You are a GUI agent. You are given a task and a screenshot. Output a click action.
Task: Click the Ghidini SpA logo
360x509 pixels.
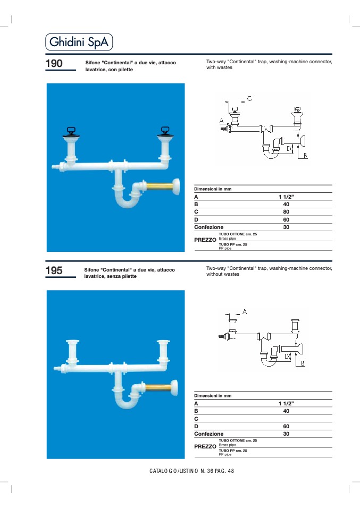point(79,42)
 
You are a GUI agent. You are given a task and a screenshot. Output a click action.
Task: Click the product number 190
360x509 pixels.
point(54,63)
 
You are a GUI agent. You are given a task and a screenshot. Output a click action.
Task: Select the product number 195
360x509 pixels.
point(54,270)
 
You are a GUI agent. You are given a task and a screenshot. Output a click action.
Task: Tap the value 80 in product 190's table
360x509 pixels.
point(286,211)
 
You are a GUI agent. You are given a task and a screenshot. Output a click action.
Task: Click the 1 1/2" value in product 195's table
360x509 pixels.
point(286,403)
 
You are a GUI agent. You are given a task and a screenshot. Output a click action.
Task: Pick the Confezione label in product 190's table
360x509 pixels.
point(208,227)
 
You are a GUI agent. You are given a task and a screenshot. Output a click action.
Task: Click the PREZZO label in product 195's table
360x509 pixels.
point(205,447)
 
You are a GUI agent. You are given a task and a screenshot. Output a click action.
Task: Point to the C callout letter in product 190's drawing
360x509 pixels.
point(249,98)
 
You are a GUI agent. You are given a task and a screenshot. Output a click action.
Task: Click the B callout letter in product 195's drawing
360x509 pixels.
point(303,363)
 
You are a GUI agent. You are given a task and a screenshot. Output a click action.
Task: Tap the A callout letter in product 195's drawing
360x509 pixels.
point(245,312)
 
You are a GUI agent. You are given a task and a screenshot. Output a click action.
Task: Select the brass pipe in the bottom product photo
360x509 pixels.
point(158,387)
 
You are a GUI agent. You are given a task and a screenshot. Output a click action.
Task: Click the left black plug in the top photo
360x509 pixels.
point(71,132)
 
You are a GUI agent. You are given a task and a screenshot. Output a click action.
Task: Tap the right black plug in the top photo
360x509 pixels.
point(165,131)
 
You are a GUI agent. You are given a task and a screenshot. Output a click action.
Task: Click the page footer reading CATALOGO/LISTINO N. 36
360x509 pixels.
point(191,471)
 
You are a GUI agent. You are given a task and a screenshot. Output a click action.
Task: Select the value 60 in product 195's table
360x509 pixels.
point(286,426)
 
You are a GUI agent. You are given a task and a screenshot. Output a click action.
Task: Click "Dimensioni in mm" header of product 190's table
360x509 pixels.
point(213,189)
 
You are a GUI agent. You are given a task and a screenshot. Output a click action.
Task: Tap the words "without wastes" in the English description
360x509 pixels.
point(223,274)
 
